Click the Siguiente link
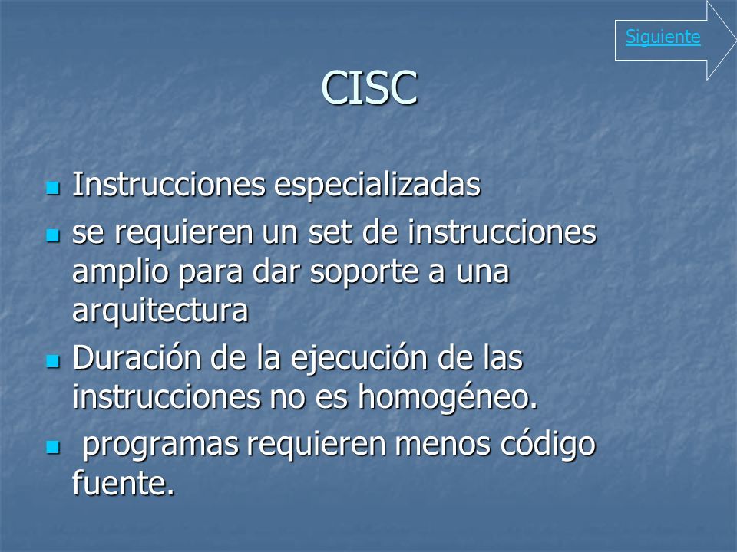[663, 37]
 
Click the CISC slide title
[369, 87]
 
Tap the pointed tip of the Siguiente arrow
[735, 41]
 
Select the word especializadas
[377, 186]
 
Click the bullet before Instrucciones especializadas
[53, 189]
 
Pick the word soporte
[364, 273]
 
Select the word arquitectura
[160, 311]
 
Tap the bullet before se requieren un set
[53, 235]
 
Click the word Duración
[137, 358]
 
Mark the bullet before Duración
[53, 361]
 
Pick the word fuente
[123, 482]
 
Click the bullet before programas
[53, 448]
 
